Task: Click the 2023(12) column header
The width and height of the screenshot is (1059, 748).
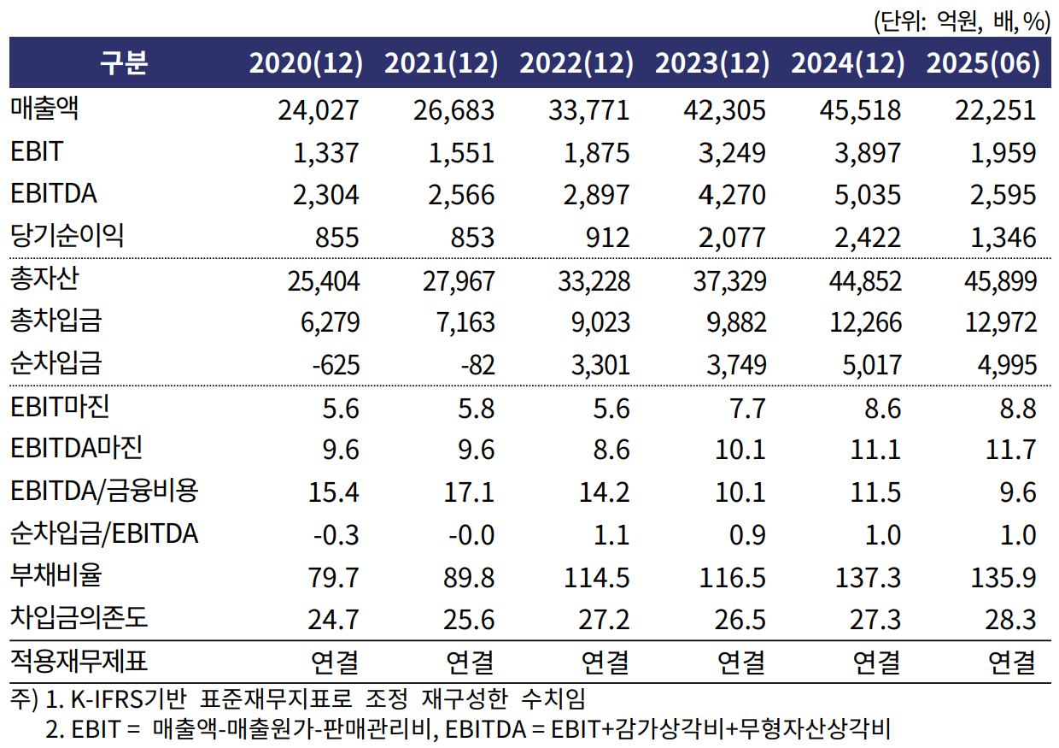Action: tap(711, 63)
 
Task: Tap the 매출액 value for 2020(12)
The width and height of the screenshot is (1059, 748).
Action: tap(319, 110)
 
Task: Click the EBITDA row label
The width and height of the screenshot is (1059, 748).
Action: tap(54, 194)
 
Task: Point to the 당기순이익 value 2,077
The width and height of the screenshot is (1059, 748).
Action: tap(725, 237)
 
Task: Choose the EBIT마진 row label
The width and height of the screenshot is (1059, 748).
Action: tap(60, 407)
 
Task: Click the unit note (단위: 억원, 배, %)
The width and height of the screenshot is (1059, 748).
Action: tap(961, 21)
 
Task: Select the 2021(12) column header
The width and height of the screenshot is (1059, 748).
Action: tap(441, 63)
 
